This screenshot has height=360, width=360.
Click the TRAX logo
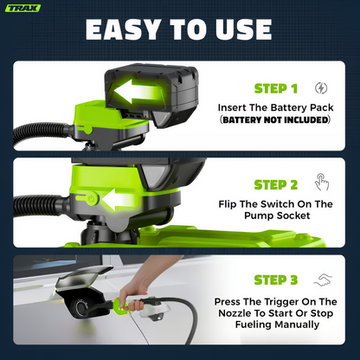(22, 8)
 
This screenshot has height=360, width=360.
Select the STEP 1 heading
(276, 88)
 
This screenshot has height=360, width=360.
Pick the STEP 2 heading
(276, 185)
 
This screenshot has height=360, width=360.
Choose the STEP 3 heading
(276, 280)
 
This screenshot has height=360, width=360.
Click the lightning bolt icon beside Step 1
(321, 88)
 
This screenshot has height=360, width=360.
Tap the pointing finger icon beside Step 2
(321, 182)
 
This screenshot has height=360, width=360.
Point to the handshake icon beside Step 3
(323, 280)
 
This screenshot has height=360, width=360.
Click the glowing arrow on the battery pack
(136, 92)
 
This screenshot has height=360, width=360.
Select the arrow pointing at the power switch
(118, 199)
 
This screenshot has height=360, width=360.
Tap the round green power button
(92, 198)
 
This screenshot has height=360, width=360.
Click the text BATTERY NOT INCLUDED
(275, 119)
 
